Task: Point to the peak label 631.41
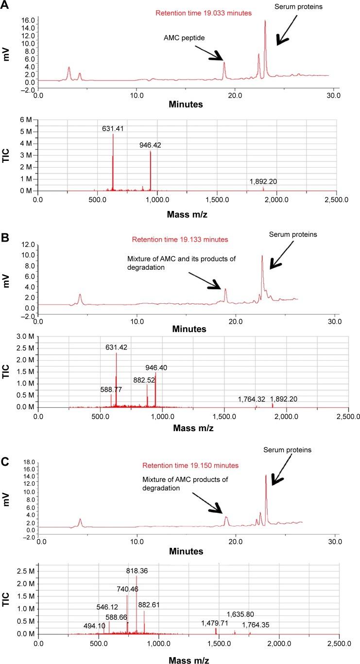point(113,129)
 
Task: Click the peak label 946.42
point(152,144)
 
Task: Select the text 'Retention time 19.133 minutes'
point(180,239)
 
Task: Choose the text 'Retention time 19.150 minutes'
point(194,466)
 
